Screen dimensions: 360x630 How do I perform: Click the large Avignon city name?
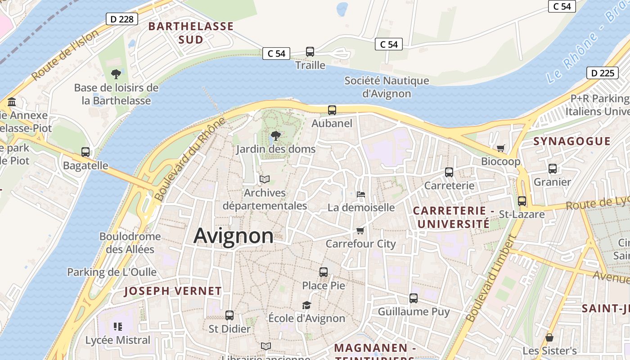click(x=234, y=236)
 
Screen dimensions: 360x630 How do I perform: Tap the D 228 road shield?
click(x=121, y=19)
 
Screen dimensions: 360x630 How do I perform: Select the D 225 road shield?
click(x=603, y=73)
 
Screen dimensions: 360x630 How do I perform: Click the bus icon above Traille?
click(x=310, y=52)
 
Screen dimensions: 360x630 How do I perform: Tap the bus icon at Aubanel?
click(x=332, y=110)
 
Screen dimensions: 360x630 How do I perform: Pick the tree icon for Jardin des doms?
click(x=275, y=135)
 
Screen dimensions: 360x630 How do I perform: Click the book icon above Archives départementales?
click(x=265, y=180)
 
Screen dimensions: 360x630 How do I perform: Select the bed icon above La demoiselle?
click(x=360, y=194)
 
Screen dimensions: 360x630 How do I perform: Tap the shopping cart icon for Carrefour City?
click(x=360, y=231)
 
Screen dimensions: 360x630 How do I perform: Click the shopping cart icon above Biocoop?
click(x=500, y=148)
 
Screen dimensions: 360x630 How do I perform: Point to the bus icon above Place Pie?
click(x=324, y=272)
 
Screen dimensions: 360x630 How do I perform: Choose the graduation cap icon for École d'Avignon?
click(x=306, y=305)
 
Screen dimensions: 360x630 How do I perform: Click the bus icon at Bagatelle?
click(x=85, y=152)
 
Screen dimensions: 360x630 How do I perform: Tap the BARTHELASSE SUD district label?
click(x=191, y=33)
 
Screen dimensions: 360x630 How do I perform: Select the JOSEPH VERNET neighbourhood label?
click(x=173, y=291)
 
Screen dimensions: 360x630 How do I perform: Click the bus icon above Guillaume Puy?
click(x=414, y=298)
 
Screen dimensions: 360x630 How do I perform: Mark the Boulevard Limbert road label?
click(x=490, y=279)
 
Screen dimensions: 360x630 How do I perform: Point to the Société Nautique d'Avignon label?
click(x=387, y=87)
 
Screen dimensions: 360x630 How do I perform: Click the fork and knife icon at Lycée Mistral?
click(x=118, y=327)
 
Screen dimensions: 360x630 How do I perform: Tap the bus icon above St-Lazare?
click(x=522, y=201)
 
